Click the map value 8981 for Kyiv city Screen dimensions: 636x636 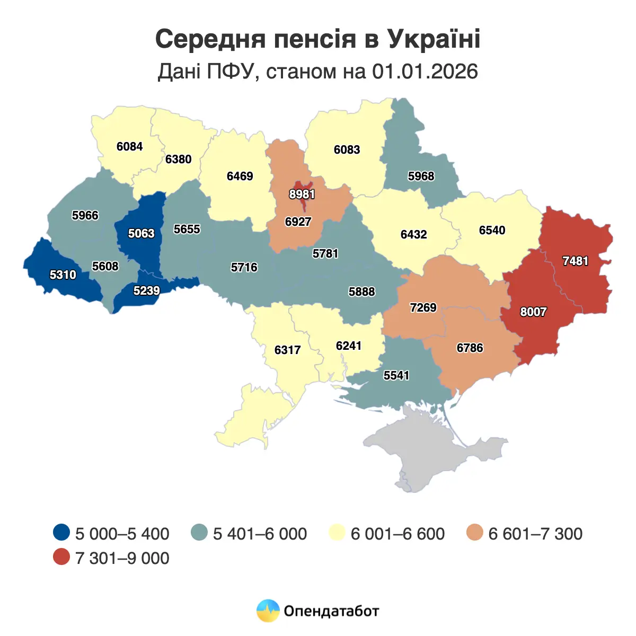pyautogui.click(x=302, y=194)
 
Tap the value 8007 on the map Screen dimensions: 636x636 pyautogui.click(x=533, y=312)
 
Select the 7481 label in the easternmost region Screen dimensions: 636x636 pyautogui.click(x=575, y=261)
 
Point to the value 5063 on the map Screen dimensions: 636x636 pyautogui.click(x=141, y=233)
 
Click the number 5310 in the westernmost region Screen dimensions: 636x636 pyautogui.click(x=63, y=275)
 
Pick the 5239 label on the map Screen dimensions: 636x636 pyautogui.click(x=146, y=290)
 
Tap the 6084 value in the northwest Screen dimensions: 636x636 pyautogui.click(x=129, y=146)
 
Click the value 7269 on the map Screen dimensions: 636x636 pyautogui.click(x=423, y=307)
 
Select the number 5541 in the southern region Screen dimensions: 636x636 pyautogui.click(x=396, y=375)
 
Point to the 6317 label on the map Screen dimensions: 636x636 pyautogui.click(x=287, y=350)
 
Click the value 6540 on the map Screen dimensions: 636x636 pyautogui.click(x=492, y=230)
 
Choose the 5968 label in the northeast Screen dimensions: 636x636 pyautogui.click(x=421, y=176)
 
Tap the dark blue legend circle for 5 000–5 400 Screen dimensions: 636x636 pyautogui.click(x=62, y=533)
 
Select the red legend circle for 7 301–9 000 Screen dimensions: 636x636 pyautogui.click(x=62, y=557)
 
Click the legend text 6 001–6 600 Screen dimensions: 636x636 pyautogui.click(x=397, y=534)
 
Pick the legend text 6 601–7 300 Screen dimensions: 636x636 pyautogui.click(x=535, y=534)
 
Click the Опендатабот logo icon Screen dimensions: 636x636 pyautogui.click(x=268, y=611)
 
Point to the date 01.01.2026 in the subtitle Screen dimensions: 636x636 pyautogui.click(x=425, y=71)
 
